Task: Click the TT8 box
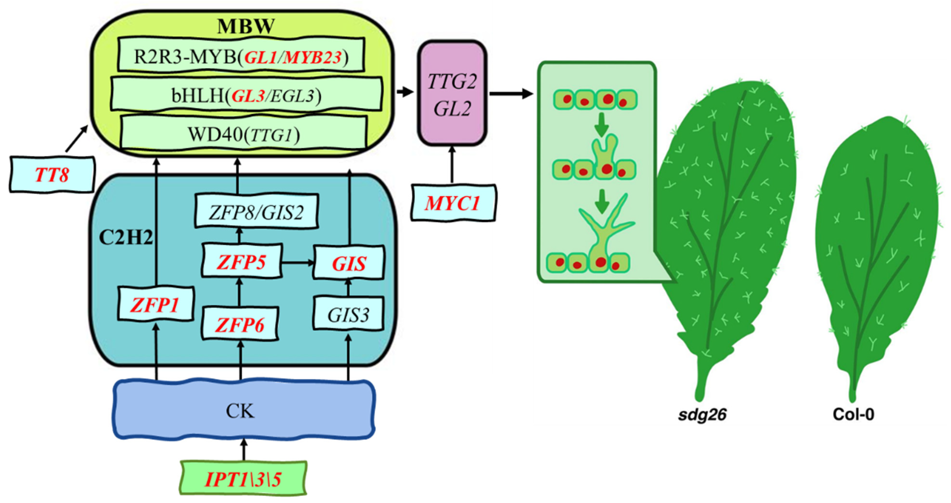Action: (x=52, y=174)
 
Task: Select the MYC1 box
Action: (x=453, y=203)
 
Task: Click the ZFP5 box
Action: (x=241, y=261)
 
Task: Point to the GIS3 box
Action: (x=348, y=314)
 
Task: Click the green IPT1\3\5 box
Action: (x=243, y=478)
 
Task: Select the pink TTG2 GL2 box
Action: (x=452, y=94)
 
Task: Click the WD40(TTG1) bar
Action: (x=244, y=134)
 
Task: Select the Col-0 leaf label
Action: (x=853, y=414)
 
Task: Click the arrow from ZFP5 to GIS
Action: (x=297, y=263)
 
